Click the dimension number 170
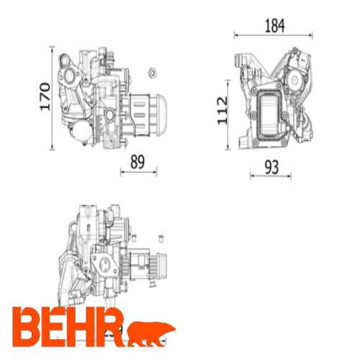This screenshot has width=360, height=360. click(43, 97)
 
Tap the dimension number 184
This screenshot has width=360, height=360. click(274, 25)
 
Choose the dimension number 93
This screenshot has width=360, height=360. click(271, 166)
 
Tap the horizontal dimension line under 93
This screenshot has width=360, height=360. click(271, 176)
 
